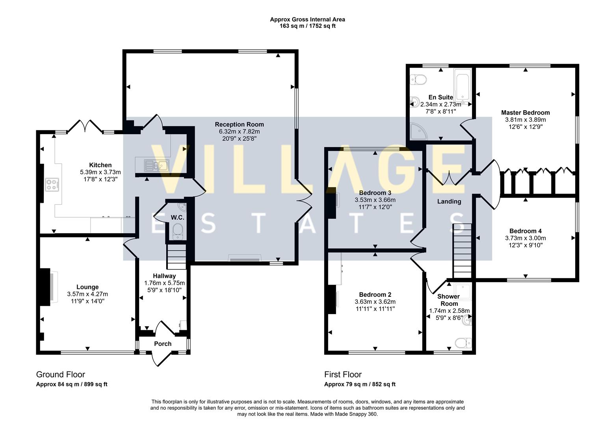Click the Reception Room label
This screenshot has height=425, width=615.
[x=239, y=124]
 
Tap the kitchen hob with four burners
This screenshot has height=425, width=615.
[x=52, y=184]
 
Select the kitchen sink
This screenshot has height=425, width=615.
[x=156, y=165]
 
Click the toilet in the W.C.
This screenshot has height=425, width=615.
[x=178, y=231]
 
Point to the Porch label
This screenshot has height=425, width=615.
[x=163, y=344]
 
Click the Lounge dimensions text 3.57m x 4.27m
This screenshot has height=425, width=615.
[x=87, y=294]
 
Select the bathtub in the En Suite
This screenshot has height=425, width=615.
[x=463, y=87]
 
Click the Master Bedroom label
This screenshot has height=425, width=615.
[x=525, y=113]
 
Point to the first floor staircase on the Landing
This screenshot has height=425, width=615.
[x=462, y=251]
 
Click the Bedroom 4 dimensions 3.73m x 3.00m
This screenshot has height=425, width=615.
[x=525, y=238]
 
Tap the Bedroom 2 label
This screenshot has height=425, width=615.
[x=375, y=295]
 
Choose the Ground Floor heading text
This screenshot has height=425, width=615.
[x=60, y=374]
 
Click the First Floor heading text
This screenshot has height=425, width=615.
[x=343, y=374]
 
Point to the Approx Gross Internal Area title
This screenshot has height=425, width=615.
[x=307, y=19]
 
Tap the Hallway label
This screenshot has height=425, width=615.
[x=164, y=276]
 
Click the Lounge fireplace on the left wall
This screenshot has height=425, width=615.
[x=45, y=287]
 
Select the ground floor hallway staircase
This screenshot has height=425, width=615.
[x=176, y=257]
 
